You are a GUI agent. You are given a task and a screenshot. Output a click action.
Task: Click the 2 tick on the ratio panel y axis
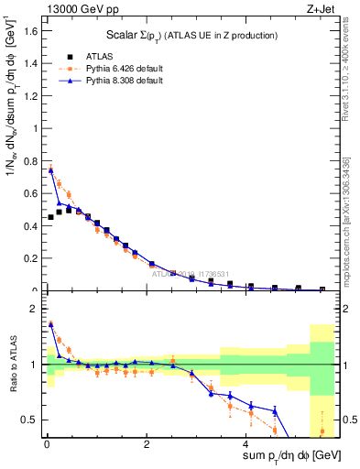pyautogui.click(x=38, y=309)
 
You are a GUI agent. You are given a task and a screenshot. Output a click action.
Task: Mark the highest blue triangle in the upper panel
pyautogui.click(x=51, y=169)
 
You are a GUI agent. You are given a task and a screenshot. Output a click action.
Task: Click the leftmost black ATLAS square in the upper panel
pyautogui.click(x=50, y=217)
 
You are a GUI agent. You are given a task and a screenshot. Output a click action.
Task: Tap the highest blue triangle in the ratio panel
pyautogui.click(x=51, y=323)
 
